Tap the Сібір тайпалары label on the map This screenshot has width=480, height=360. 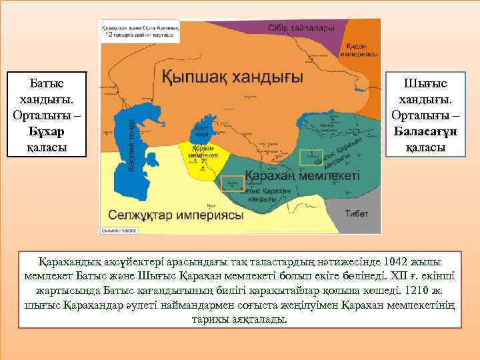click(x=299, y=29)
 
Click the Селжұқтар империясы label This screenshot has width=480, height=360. click(x=173, y=216)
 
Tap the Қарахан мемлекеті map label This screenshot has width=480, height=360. click(x=302, y=176)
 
